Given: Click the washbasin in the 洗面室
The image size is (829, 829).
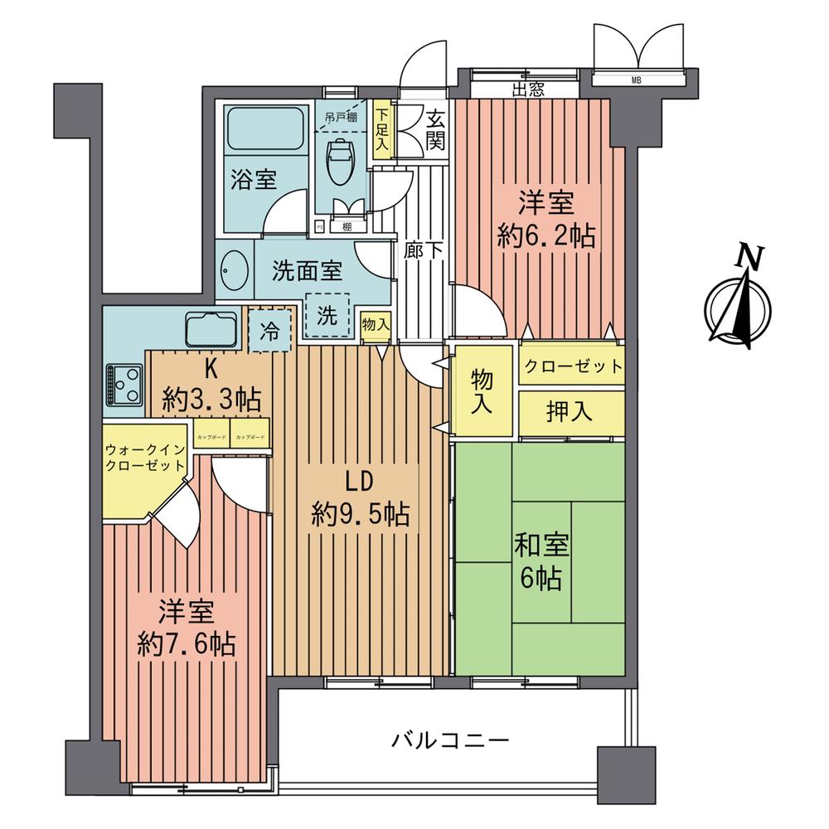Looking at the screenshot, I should [x=234, y=270].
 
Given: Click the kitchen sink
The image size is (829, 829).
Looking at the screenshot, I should [x=212, y=329].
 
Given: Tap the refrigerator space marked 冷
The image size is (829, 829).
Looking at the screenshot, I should [x=270, y=328].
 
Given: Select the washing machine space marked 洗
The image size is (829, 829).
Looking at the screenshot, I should [x=327, y=316].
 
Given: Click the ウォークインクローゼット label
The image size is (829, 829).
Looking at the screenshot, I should [x=143, y=457].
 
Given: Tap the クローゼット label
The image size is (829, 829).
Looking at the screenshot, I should [x=572, y=366].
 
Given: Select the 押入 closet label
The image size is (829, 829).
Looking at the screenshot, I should [x=570, y=412].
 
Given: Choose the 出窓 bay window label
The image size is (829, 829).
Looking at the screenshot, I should [x=527, y=90].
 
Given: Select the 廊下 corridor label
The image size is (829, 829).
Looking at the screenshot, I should [x=423, y=249].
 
